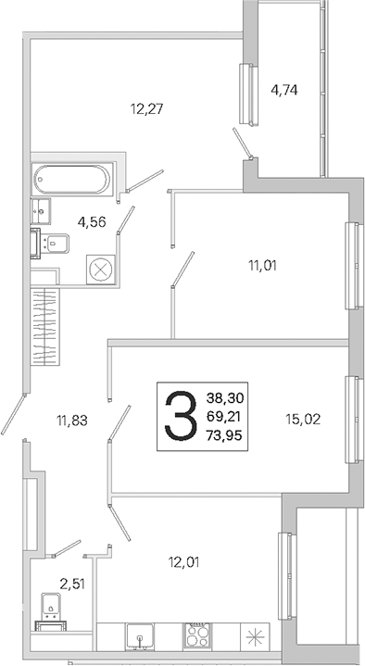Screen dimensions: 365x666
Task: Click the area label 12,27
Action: click(147, 109)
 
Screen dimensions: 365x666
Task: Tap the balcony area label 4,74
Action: click(283, 90)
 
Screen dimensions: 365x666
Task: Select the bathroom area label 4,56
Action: click(92, 221)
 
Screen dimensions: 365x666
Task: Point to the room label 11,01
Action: click(262, 266)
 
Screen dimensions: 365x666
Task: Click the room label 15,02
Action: click(303, 420)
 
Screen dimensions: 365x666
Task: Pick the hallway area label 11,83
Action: click(72, 421)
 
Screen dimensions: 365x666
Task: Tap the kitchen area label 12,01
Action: click(183, 562)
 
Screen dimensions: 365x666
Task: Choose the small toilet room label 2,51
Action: click(72, 584)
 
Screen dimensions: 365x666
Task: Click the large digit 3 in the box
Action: click(181, 416)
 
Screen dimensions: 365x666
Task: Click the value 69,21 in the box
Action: click(223, 416)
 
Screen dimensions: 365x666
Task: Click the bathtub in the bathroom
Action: click(72, 180)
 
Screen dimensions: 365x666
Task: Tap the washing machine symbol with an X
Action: click(101, 270)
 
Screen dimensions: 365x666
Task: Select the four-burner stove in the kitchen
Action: click(197, 636)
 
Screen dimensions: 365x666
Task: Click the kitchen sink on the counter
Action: click(140, 636)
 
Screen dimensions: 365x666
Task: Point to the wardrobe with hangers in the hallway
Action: click(45, 326)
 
